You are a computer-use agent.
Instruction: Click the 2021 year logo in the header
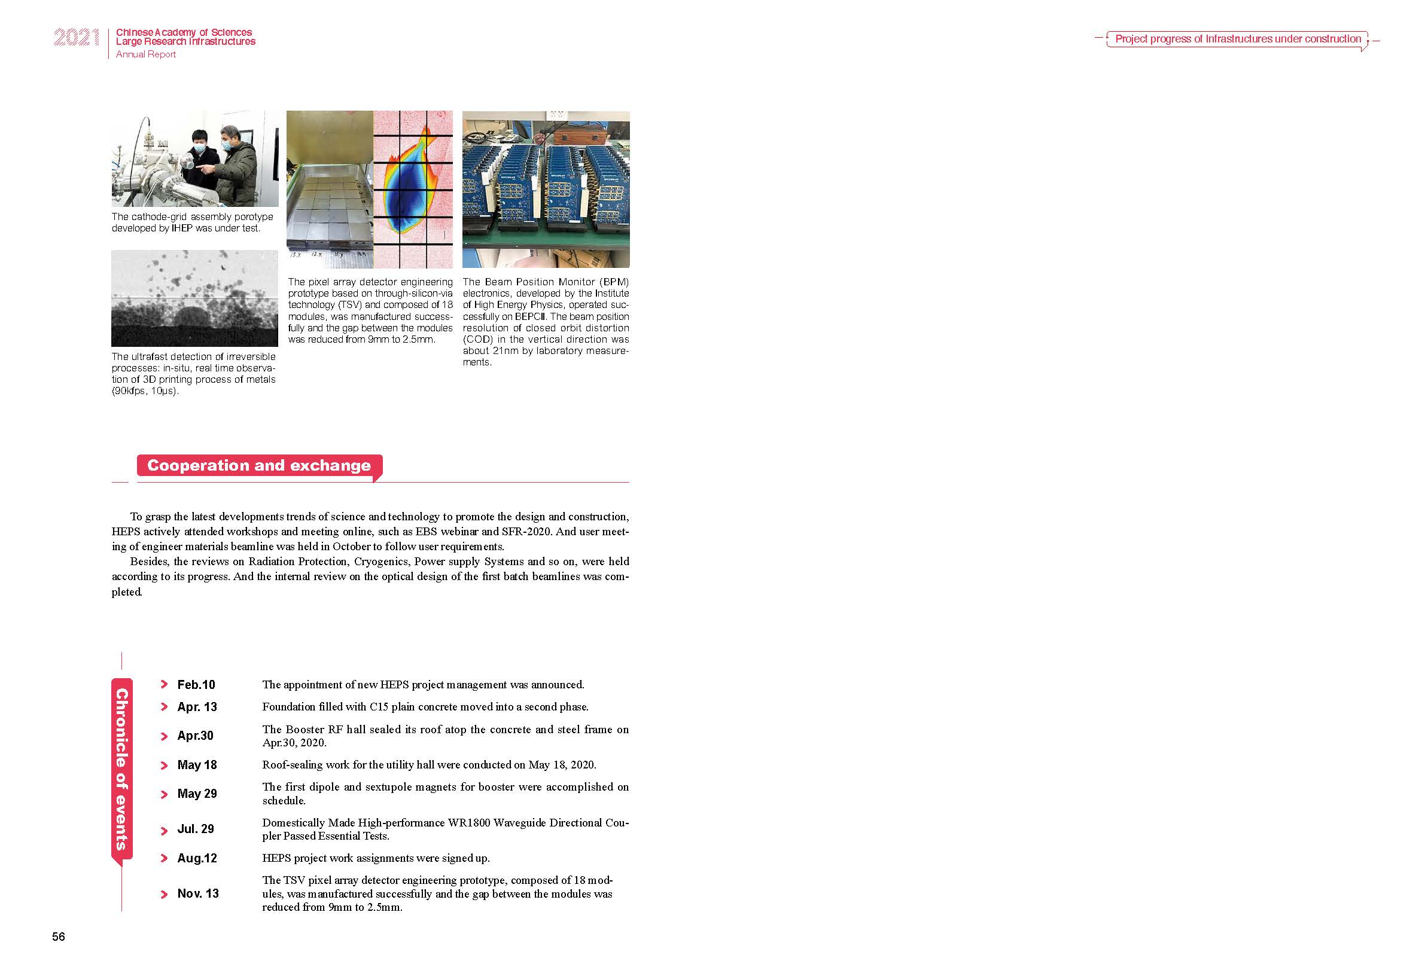[x=77, y=38]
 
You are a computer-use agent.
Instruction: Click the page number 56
[x=58, y=936]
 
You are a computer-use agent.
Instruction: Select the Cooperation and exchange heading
[x=259, y=466]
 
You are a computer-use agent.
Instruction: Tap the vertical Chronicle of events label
[x=121, y=770]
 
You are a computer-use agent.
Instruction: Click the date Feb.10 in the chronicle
[x=196, y=685]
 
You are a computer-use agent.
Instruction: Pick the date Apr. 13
[x=197, y=707]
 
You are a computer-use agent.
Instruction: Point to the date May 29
[x=197, y=794]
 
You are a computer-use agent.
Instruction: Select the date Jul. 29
[x=196, y=829]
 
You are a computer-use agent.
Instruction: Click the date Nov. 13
[x=198, y=893]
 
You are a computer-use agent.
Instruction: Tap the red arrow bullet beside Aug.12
[x=164, y=858]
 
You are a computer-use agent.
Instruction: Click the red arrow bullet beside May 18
[x=164, y=765]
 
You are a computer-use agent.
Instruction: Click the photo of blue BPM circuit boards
[x=546, y=190]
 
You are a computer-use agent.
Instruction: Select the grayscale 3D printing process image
[x=194, y=298]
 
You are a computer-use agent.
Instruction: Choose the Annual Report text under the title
[x=146, y=54]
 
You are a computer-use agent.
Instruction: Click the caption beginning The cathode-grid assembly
[x=192, y=222]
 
